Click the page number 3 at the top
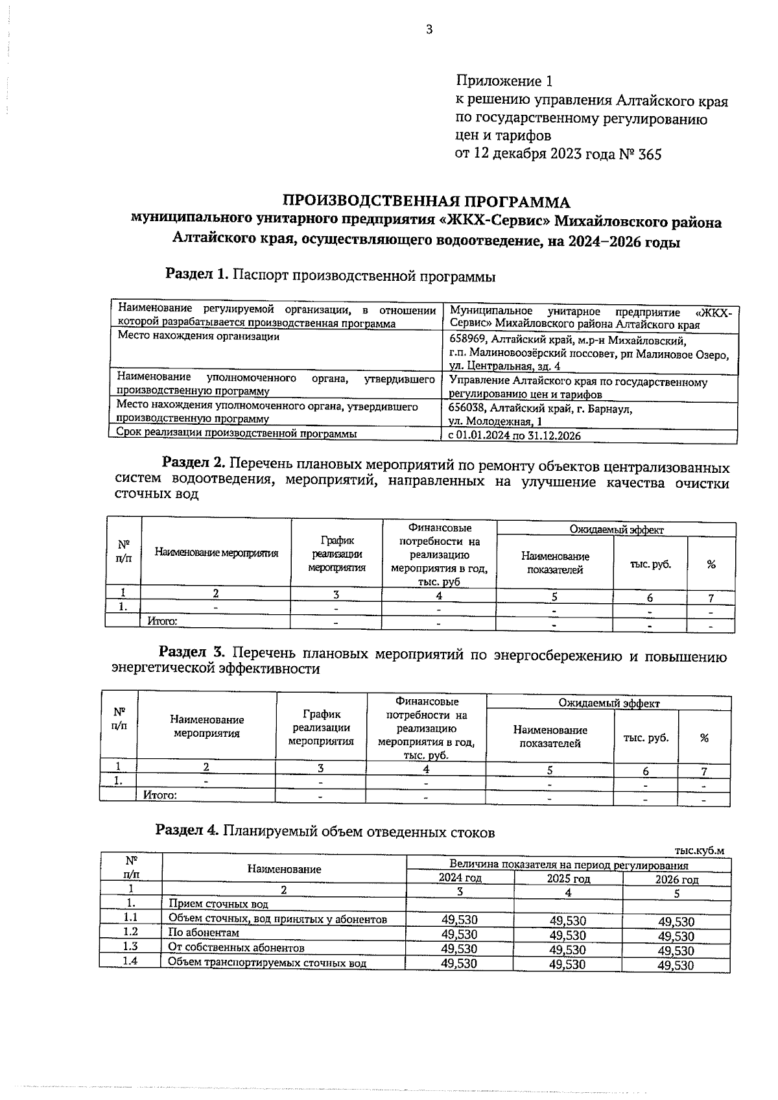click(x=429, y=29)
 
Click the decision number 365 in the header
click(x=650, y=154)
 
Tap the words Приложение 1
click(x=505, y=81)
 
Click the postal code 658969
click(x=469, y=340)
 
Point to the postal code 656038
click(x=468, y=409)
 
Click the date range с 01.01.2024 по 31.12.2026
click(x=515, y=436)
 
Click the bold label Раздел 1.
click(x=196, y=275)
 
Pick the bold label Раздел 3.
click(x=191, y=652)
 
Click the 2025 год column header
click(x=568, y=879)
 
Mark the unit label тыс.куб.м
click(x=699, y=851)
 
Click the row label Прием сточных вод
click(x=218, y=904)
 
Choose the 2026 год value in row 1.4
click(x=676, y=965)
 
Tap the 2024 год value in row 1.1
click(x=459, y=920)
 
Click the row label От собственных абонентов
click(x=227, y=947)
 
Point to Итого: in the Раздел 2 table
click(x=163, y=621)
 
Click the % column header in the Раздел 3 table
click(x=704, y=738)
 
